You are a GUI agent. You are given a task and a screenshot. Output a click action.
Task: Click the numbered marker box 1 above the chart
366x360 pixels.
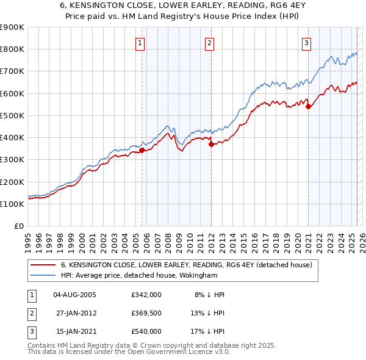140,43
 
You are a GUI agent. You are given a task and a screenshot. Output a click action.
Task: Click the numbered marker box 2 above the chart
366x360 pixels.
209,43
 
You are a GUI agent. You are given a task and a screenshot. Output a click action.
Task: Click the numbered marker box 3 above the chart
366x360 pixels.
306,43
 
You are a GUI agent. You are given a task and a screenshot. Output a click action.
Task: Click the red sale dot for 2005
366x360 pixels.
142,149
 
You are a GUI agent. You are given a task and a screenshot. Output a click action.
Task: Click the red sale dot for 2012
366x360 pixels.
211,145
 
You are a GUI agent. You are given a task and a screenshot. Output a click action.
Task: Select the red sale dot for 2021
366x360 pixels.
308,106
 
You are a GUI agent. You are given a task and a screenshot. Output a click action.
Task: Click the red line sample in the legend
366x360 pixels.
43,265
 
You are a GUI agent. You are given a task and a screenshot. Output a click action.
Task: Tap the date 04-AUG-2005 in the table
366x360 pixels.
74,295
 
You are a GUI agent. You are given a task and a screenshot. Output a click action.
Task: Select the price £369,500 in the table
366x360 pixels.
146,313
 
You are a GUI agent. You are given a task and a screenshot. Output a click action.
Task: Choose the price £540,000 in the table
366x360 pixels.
146,331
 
